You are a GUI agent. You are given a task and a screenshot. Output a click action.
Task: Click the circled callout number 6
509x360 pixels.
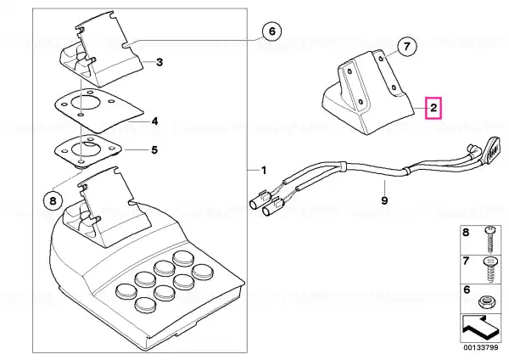[x=272, y=31]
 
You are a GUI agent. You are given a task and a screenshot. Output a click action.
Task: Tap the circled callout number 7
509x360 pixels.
[x=407, y=46]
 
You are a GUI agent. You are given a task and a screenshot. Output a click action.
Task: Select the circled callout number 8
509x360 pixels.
[x=53, y=201]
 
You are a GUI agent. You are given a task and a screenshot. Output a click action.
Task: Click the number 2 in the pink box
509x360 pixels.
[x=433, y=108]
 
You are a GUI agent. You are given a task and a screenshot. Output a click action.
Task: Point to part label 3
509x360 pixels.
[x=159, y=62]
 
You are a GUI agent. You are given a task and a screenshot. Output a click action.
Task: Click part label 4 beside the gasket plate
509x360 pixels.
[x=155, y=121]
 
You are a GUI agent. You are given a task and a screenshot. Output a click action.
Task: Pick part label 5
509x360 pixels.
[x=154, y=150]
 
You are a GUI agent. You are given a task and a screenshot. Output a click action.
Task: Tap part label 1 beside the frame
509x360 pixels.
[x=264, y=171]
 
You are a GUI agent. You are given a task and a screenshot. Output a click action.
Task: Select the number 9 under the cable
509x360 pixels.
[x=384, y=200]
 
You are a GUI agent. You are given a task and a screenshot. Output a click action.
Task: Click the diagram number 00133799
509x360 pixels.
[x=481, y=347]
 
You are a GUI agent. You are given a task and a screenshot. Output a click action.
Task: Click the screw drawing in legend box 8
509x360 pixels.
[x=489, y=239]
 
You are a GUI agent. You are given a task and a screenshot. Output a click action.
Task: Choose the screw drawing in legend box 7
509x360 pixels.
[x=489, y=270]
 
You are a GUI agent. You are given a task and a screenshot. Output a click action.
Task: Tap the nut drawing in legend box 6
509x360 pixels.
[x=487, y=302]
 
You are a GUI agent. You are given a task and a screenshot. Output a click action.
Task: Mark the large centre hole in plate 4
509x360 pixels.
[x=83, y=104]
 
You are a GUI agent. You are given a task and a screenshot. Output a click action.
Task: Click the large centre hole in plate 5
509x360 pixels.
[x=83, y=149]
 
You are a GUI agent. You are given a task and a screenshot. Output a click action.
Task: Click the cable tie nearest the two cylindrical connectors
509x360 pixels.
[x=343, y=165]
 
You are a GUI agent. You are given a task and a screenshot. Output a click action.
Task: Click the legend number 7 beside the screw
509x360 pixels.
[x=466, y=261]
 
